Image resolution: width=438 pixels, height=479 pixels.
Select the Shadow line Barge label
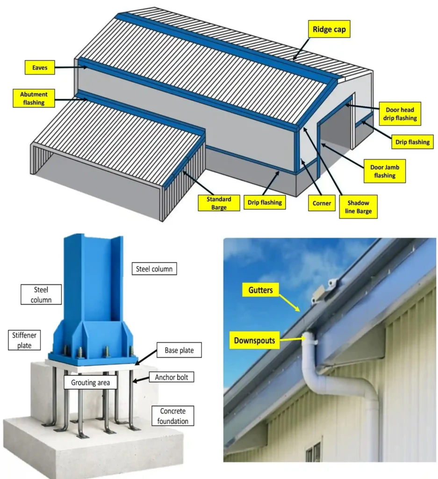pos(358,207)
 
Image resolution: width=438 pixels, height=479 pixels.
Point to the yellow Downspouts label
pos(254,340)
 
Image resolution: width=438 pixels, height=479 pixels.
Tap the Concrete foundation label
pos(172,416)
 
